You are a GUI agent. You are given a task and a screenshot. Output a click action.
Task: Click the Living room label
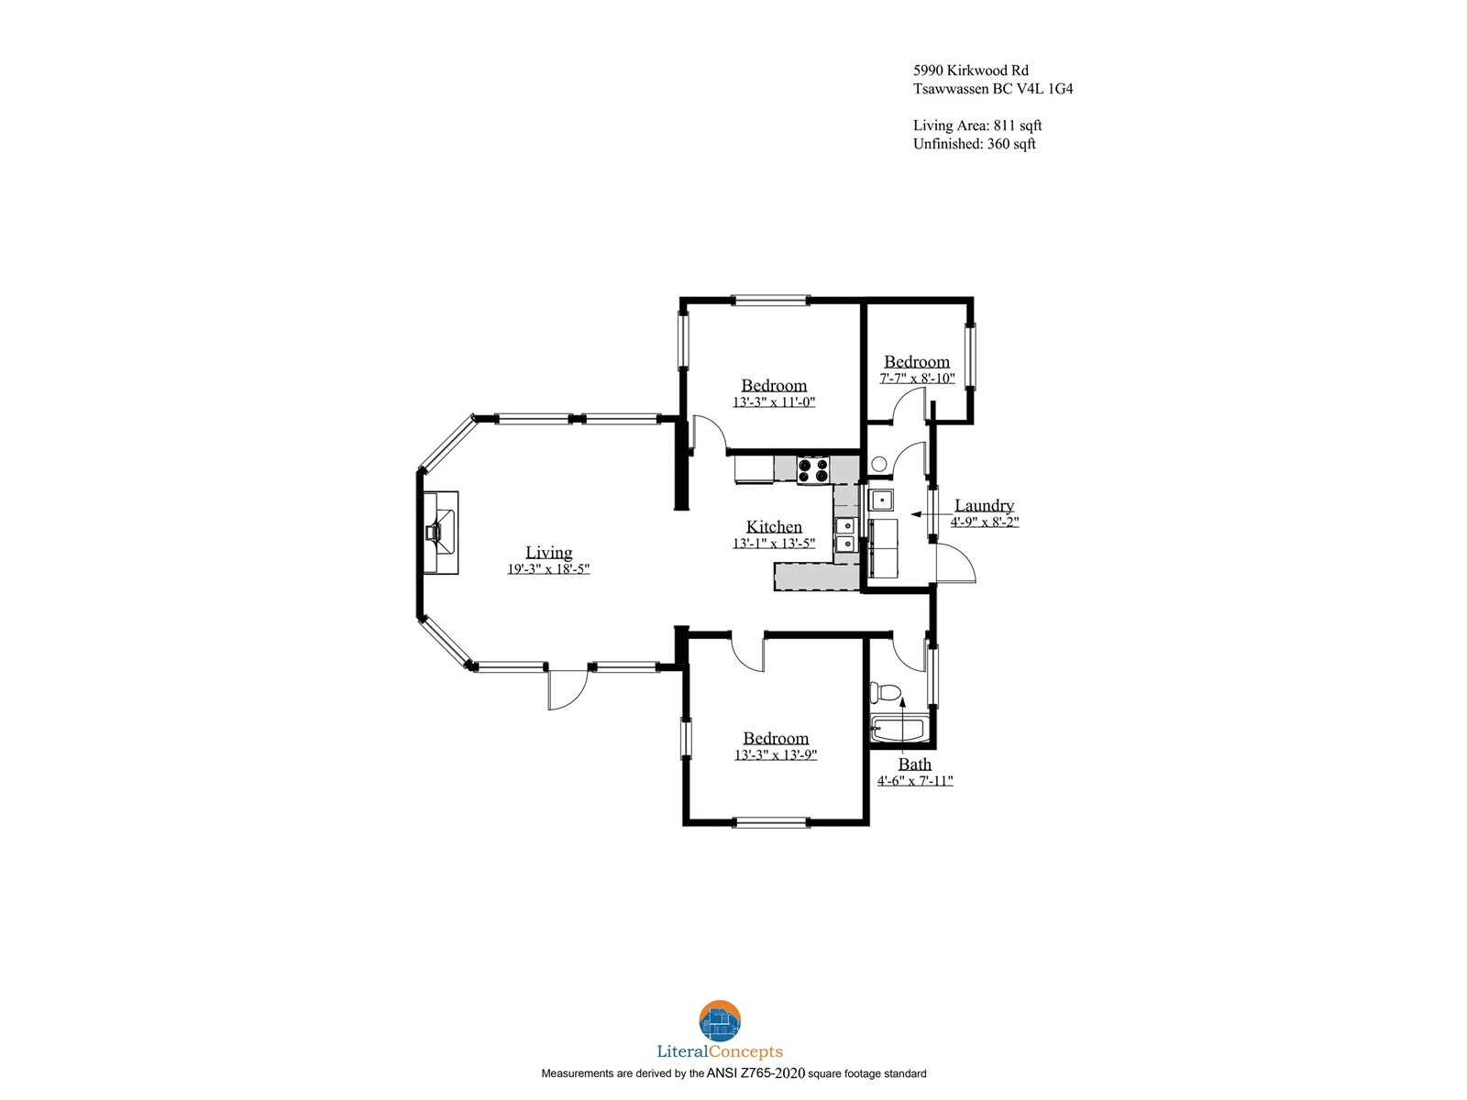pyautogui.click(x=548, y=553)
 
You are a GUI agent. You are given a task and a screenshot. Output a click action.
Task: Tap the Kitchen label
pyautogui.click(x=774, y=526)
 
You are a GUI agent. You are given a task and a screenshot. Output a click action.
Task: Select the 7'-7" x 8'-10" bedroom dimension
pyautogui.click(x=917, y=378)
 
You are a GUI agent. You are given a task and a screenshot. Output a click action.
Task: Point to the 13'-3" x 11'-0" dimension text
pyautogui.click(x=774, y=402)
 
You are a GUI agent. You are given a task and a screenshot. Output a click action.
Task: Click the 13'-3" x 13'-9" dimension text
pyautogui.click(x=776, y=754)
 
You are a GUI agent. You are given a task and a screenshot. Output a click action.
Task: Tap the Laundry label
pyautogui.click(x=984, y=505)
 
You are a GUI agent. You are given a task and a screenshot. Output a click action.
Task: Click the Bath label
pyautogui.click(x=914, y=764)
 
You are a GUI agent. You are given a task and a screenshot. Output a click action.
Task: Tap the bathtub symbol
pyautogui.click(x=899, y=729)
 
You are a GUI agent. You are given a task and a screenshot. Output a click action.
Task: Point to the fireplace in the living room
pyautogui.click(x=441, y=533)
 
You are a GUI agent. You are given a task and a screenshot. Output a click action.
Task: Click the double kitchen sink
pyautogui.click(x=846, y=535)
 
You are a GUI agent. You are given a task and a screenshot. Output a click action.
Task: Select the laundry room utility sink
pyautogui.click(x=881, y=500)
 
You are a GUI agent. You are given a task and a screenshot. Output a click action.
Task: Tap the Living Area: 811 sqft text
pyautogui.click(x=977, y=125)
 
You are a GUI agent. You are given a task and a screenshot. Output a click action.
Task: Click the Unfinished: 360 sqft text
pyautogui.click(x=975, y=144)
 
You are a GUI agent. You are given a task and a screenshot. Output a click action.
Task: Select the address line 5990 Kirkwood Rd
pyautogui.click(x=971, y=71)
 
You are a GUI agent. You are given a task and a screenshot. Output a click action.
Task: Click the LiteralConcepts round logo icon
pyautogui.click(x=720, y=1020)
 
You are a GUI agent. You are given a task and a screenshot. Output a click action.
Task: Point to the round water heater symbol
pyautogui.click(x=879, y=464)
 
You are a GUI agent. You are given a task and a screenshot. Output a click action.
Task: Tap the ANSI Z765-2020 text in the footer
pyautogui.click(x=756, y=1073)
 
